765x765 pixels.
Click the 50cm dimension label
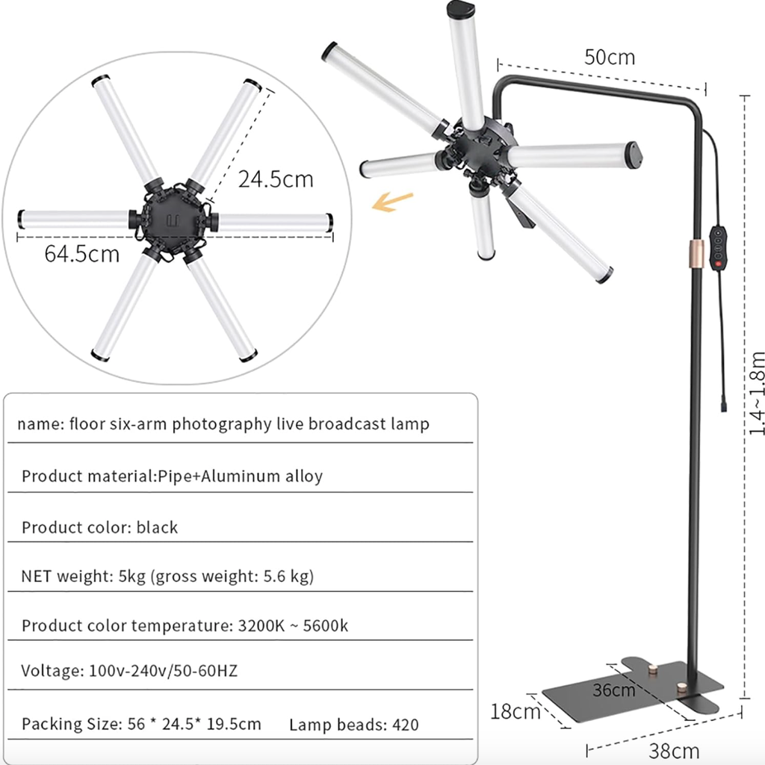coord(610,57)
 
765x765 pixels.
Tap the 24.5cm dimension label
coord(276,179)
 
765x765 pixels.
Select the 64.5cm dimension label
coord(81,254)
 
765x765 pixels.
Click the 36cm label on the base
coord(614,690)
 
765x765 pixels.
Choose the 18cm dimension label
coord(515,711)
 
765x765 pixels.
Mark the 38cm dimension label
coord(675,750)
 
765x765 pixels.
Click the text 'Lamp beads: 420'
coord(353,724)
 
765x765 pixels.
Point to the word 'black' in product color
coord(157,527)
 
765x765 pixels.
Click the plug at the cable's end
coord(724,406)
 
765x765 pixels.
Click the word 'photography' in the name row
coord(222,424)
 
